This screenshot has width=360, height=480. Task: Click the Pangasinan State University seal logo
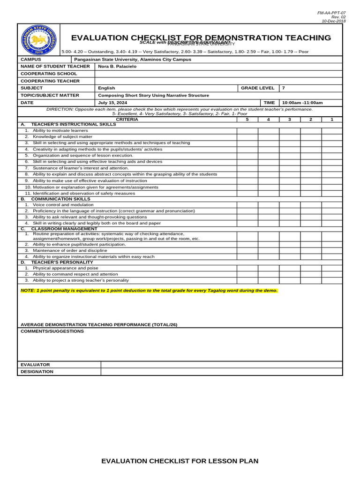coord(39,40)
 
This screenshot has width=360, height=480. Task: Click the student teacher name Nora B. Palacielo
coord(117,67)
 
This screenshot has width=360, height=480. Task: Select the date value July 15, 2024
coord(112,103)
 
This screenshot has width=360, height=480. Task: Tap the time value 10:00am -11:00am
coord(302,103)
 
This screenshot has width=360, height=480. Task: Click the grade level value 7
coord(283,88)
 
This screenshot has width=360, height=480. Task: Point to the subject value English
coord(106,88)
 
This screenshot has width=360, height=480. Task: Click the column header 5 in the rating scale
coord(247,120)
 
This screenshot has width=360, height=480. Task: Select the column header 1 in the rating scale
coord(332,120)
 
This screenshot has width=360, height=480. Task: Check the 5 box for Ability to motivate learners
coord(247,130)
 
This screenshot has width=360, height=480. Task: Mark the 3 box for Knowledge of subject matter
coord(290,137)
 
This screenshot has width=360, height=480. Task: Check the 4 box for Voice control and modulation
coord(268,205)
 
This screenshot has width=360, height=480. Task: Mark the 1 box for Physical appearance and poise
coord(332,268)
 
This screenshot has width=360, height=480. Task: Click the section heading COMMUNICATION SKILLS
coord(60,199)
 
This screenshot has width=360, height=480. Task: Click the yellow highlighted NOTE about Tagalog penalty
coord(149,291)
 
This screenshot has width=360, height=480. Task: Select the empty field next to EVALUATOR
coord(221,365)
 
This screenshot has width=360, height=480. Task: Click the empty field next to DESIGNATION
coord(221,372)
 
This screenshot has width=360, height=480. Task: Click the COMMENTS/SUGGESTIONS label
coord(52,331)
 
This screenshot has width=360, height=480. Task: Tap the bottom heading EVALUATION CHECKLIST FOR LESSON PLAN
coord(180,461)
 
